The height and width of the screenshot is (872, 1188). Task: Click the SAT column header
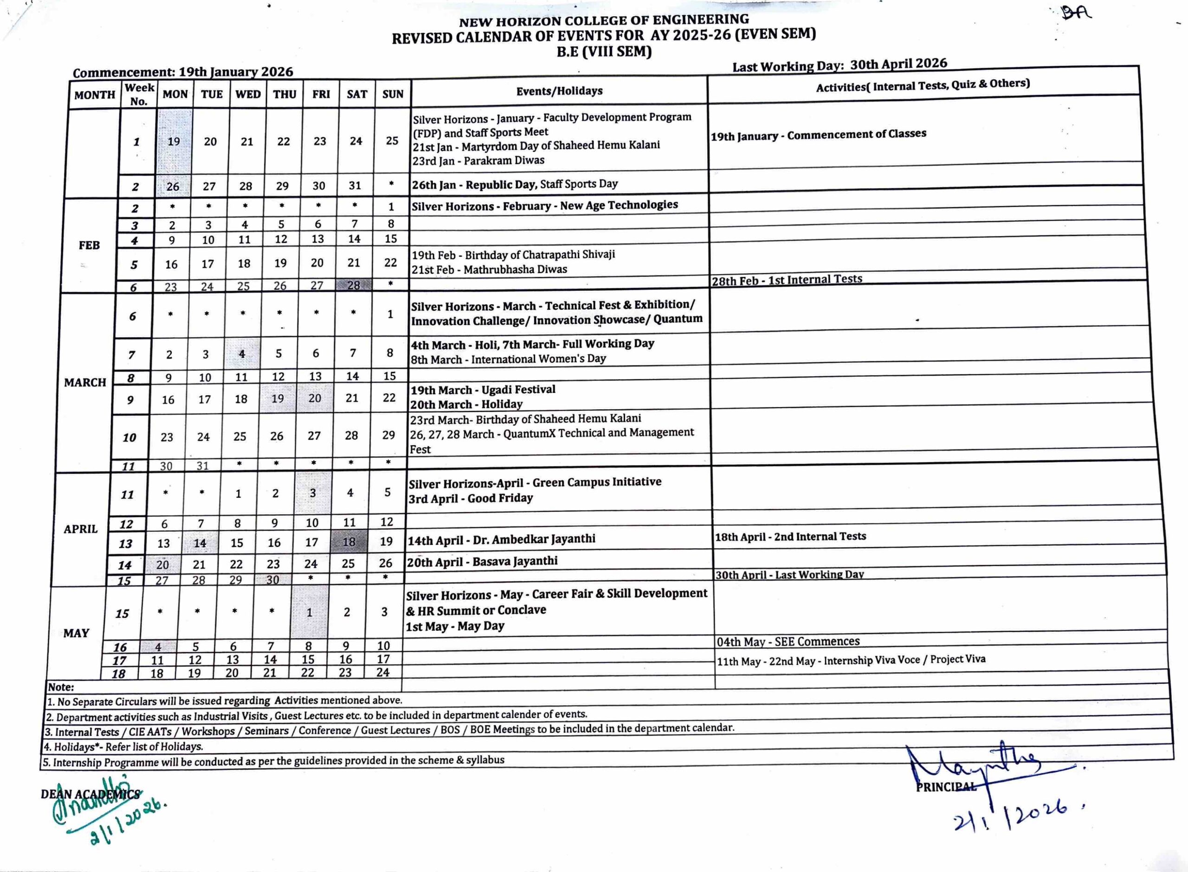(x=357, y=94)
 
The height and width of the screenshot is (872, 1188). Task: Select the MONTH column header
(x=95, y=95)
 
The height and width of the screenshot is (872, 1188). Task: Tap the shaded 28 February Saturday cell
(x=353, y=285)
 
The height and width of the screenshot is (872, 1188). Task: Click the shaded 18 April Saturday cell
(x=349, y=542)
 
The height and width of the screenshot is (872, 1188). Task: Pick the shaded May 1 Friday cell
(x=310, y=612)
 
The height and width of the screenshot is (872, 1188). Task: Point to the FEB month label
(x=89, y=245)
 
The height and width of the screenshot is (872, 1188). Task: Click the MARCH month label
(x=85, y=382)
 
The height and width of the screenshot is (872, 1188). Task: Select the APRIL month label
(x=81, y=528)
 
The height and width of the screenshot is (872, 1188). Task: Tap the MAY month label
(x=76, y=633)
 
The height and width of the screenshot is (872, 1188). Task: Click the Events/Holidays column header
(x=559, y=91)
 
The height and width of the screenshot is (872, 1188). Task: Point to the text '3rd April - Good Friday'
(x=471, y=498)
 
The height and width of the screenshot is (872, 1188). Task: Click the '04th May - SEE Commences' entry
(x=788, y=641)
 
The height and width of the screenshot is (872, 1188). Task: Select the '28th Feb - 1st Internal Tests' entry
(x=787, y=280)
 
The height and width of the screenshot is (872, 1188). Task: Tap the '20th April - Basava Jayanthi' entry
(x=482, y=561)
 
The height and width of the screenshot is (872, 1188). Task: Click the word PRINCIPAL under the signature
(x=946, y=787)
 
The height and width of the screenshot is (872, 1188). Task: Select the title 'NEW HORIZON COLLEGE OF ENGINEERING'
(x=603, y=20)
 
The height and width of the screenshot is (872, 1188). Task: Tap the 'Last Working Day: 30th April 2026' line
(x=839, y=65)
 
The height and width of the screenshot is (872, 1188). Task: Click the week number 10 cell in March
(x=129, y=437)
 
